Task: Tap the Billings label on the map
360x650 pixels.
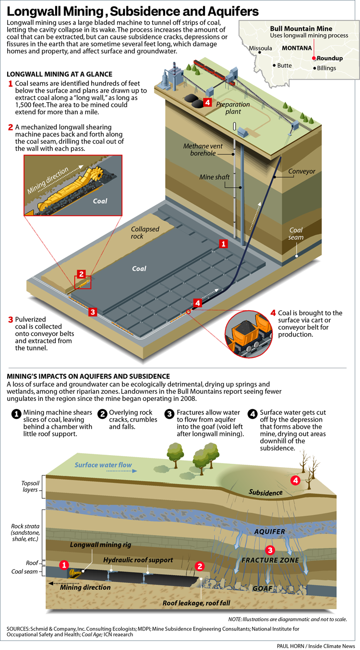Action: (x=327, y=68)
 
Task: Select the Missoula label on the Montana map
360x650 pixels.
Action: (x=261, y=48)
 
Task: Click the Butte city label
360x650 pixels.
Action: (x=285, y=65)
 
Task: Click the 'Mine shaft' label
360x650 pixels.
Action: (x=215, y=177)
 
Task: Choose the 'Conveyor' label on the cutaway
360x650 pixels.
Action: (x=301, y=171)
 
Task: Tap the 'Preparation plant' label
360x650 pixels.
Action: (x=233, y=108)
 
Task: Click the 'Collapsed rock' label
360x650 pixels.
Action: (x=145, y=232)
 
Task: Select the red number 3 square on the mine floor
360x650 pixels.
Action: (x=93, y=312)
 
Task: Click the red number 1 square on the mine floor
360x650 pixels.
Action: (x=223, y=244)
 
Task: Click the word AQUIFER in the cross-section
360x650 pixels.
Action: (x=270, y=531)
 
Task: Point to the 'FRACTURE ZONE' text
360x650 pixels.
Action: (x=270, y=560)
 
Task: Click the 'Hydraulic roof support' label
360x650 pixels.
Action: (x=138, y=560)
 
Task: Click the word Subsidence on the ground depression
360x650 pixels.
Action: (x=265, y=493)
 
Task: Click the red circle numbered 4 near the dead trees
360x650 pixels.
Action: (x=296, y=480)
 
